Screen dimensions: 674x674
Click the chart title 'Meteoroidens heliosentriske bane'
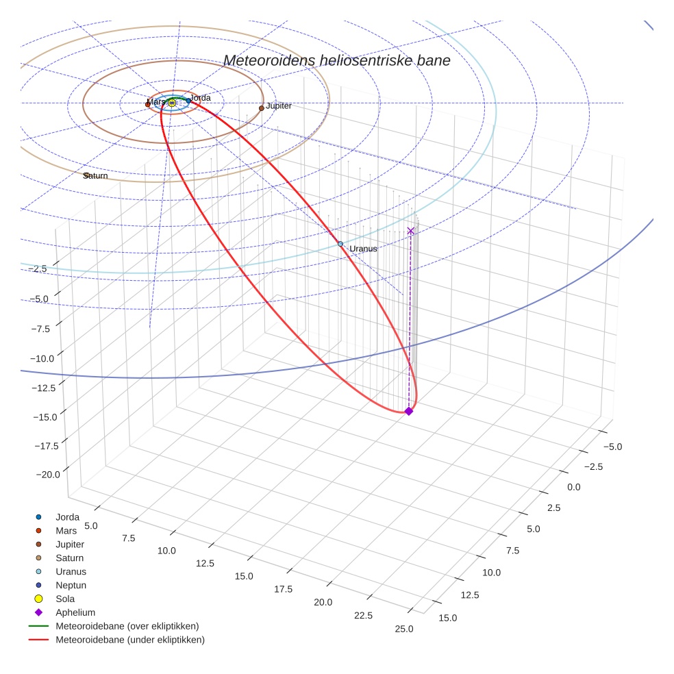pyautogui.click(x=336, y=60)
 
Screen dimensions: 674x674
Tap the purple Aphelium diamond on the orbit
pyautogui.click(x=409, y=411)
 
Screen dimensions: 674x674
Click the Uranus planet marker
pyautogui.click(x=340, y=244)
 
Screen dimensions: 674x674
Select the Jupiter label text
pyautogui.click(x=279, y=106)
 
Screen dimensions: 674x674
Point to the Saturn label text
pyautogui.click(x=96, y=176)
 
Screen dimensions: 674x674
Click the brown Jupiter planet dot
pyautogui.click(x=262, y=108)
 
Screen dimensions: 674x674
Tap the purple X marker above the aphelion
pyautogui.click(x=410, y=231)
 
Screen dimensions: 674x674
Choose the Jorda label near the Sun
pyautogui.click(x=200, y=98)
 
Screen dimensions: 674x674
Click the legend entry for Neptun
pyautogui.click(x=71, y=585)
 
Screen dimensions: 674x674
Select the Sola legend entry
pyautogui.click(x=65, y=599)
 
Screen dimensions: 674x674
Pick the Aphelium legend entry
pyautogui.click(x=75, y=612)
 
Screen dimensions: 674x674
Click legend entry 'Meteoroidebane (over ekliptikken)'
pyautogui.click(x=127, y=626)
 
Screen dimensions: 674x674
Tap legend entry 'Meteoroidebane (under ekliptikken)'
pyautogui.click(x=129, y=640)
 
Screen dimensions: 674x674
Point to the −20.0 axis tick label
pyautogui.click(x=47, y=474)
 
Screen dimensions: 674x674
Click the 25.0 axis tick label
pyautogui.click(x=404, y=629)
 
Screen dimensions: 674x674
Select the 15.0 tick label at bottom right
pyautogui.click(x=447, y=618)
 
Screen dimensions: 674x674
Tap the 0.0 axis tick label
pyautogui.click(x=574, y=487)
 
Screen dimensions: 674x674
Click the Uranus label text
pyautogui.click(x=363, y=249)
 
